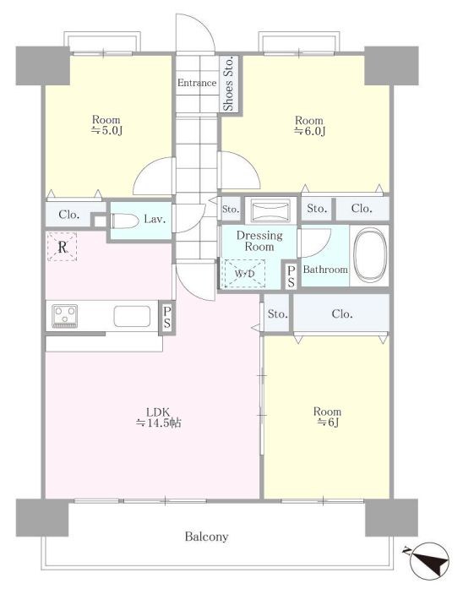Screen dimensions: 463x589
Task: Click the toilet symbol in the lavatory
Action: [125, 220]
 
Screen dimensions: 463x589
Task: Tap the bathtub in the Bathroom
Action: [370, 255]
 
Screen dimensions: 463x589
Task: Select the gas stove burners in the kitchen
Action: [65, 315]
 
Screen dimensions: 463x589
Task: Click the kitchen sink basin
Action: [132, 316]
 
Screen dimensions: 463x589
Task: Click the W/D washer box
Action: [244, 274]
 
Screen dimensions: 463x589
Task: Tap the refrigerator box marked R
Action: [62, 247]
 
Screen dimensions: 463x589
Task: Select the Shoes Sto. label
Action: [228, 84]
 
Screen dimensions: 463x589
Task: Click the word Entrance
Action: [197, 83]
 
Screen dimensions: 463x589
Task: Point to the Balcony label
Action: [206, 537]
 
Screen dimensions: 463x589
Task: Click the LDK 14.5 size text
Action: [159, 417]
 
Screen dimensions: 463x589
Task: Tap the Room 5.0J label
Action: [106, 125]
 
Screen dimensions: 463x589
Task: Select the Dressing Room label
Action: [259, 241]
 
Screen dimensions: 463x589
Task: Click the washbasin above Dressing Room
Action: [271, 209]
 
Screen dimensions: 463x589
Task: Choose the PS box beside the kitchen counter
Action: [167, 317]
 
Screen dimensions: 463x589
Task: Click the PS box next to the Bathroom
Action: [291, 276]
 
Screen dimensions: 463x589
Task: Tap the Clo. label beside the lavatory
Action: [69, 215]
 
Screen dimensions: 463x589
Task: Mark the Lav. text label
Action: [155, 219]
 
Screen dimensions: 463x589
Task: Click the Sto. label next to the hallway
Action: [231, 210]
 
